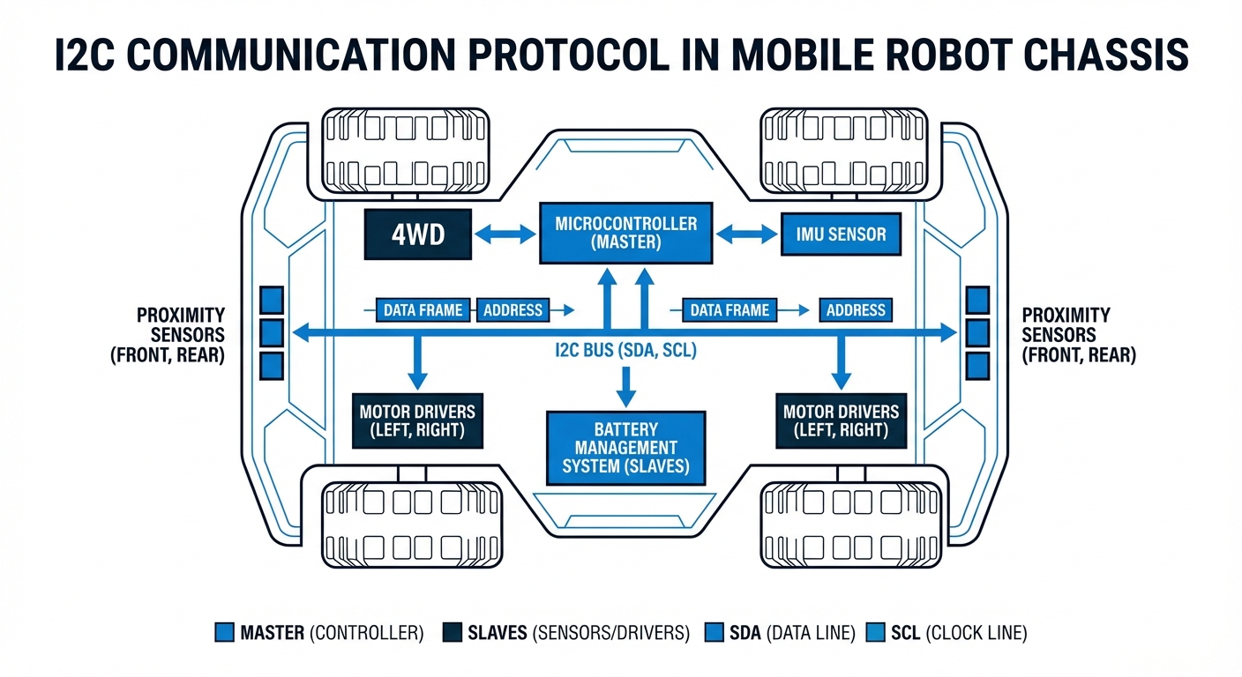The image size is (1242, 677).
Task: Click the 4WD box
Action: pos(418,235)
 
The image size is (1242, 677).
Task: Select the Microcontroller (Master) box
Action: pos(625,232)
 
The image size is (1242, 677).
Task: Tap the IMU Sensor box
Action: pos(842,234)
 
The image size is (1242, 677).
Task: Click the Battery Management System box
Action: pos(625,447)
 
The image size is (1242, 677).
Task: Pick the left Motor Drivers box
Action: pos(417,421)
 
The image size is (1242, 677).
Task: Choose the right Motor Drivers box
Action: pos(841,421)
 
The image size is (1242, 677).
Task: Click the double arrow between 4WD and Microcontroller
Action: pos(505,234)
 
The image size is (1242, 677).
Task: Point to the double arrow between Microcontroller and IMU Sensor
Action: pos(746,234)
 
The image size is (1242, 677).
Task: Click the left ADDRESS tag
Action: pos(513,310)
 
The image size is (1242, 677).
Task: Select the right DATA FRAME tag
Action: pos(729,310)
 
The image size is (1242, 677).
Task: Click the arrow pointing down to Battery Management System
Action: pos(625,384)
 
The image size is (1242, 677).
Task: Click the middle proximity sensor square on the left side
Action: pos(272,332)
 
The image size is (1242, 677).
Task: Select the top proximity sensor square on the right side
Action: pos(977,300)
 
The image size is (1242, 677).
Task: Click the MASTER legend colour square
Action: pos(225,632)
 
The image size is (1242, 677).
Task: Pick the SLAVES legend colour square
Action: pos(453,632)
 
